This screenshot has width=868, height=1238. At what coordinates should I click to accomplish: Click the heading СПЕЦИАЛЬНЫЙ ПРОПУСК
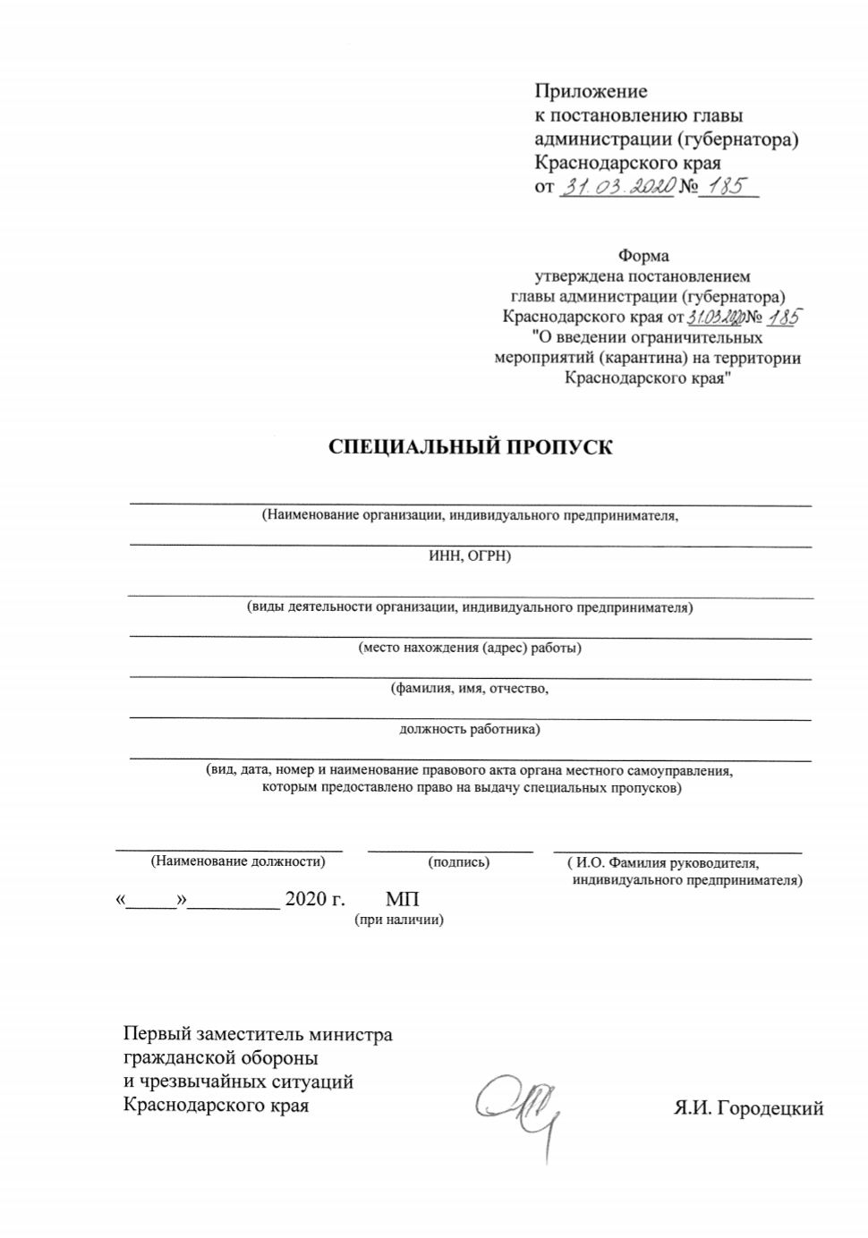[471, 447]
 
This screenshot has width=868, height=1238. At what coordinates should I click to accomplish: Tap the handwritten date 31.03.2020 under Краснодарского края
[617, 188]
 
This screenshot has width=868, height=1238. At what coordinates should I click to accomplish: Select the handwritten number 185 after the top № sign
[728, 188]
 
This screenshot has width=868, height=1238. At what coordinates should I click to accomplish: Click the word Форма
[642, 257]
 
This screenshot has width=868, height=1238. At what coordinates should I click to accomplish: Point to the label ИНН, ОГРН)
[470, 556]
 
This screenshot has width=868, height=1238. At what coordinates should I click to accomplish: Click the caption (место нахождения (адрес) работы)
[470, 648]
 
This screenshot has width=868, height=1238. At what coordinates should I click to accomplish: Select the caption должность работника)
[470, 729]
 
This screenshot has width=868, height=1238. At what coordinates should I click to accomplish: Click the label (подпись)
[459, 862]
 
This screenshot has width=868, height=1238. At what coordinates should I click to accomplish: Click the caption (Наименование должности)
[238, 861]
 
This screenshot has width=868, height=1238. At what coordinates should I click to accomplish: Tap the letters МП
[402, 899]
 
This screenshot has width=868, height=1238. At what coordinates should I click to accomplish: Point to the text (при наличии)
[400, 919]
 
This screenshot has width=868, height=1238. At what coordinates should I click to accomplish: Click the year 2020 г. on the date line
[314, 899]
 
